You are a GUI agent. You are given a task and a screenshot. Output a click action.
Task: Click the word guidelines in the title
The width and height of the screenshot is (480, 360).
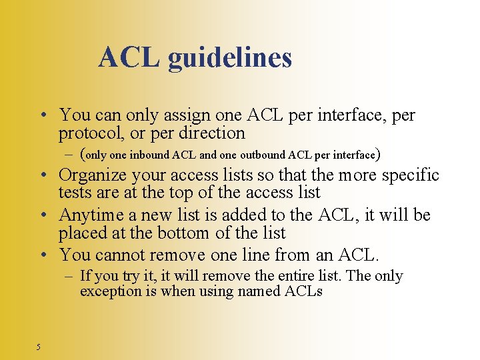pos(230,58)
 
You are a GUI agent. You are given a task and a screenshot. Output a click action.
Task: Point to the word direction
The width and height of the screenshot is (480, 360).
pos(213,133)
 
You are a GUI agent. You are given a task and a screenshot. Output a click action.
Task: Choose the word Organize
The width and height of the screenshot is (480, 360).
pos(93,175)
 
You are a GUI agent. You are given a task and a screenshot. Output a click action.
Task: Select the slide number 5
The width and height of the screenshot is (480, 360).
pos(39,346)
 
